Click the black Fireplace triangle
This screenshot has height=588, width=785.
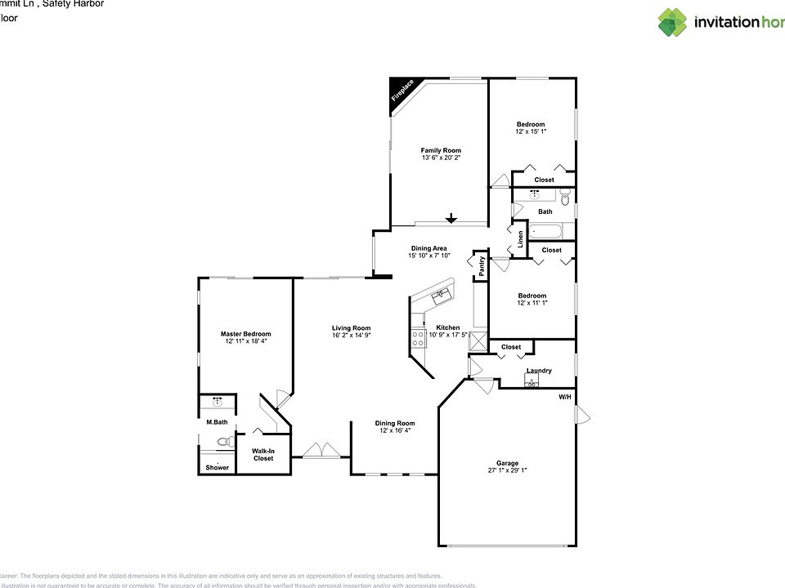(x=400, y=90)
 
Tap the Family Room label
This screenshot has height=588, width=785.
(x=441, y=150)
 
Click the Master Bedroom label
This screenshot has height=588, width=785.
(x=245, y=334)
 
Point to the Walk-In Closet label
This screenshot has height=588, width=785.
(x=262, y=455)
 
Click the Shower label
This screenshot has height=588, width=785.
(x=217, y=467)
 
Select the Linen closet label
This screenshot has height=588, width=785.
(x=520, y=238)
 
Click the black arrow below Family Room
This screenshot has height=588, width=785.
(x=451, y=218)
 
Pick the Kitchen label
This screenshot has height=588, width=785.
(x=447, y=327)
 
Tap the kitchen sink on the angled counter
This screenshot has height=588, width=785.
(x=442, y=294)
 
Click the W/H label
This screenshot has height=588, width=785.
(x=564, y=397)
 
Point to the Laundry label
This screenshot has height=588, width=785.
(x=539, y=371)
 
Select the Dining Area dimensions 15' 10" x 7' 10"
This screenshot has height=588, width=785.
(x=428, y=256)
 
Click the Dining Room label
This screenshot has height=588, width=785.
(x=395, y=423)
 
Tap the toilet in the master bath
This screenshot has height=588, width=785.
(x=222, y=442)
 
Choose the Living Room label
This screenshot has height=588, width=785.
(x=351, y=328)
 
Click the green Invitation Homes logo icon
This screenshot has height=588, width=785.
(x=672, y=22)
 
